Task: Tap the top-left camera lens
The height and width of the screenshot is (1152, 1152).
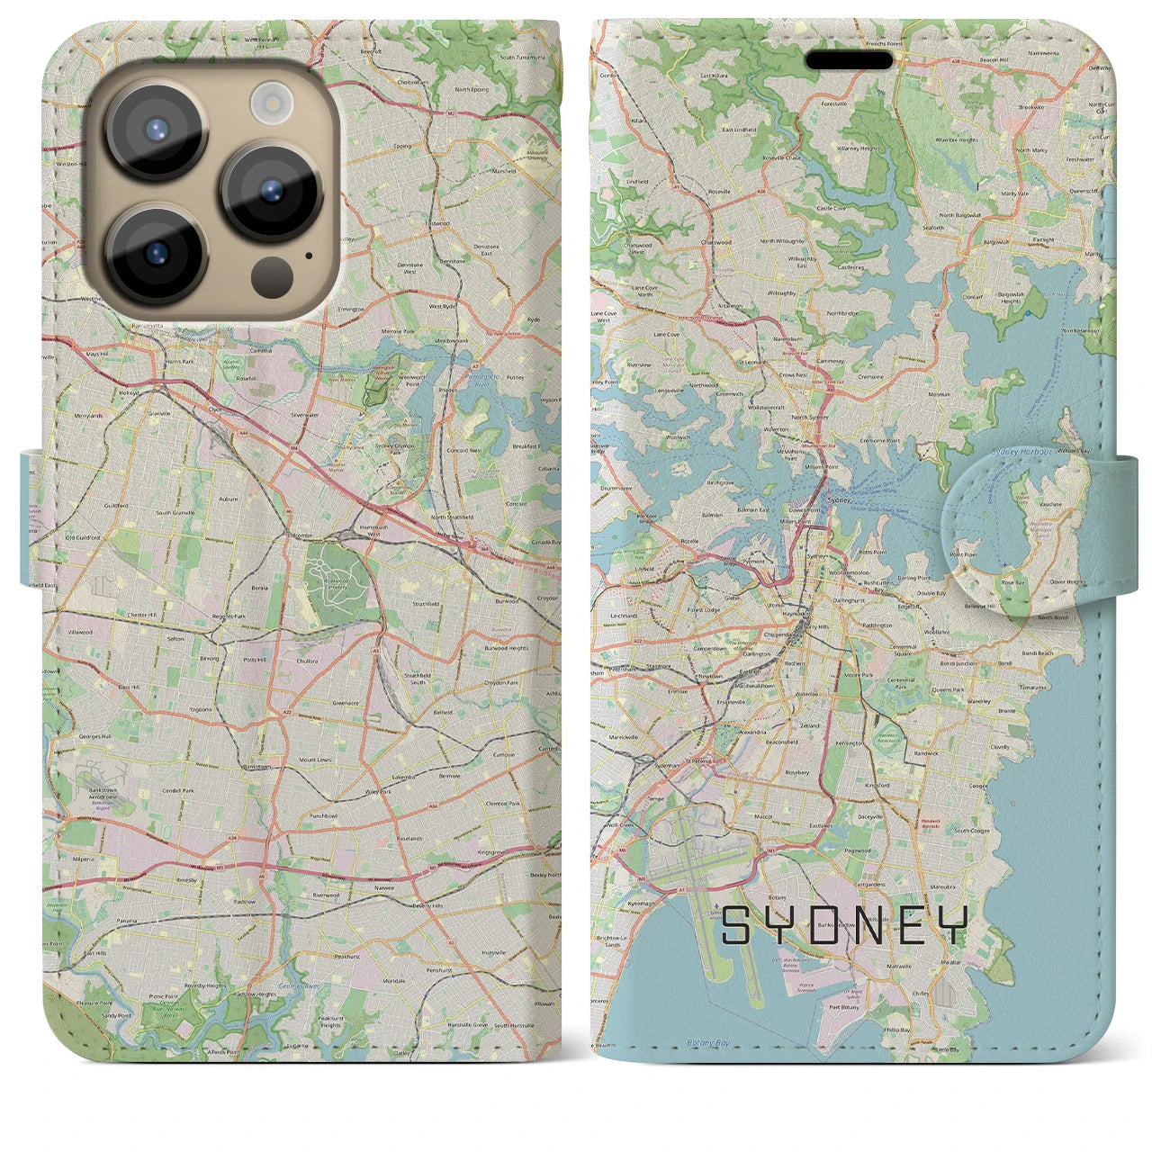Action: [157, 130]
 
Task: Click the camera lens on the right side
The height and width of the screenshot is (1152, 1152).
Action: [271, 189]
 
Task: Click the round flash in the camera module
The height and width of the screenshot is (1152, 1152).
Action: [267, 102]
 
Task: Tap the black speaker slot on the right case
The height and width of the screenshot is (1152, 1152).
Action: [849, 59]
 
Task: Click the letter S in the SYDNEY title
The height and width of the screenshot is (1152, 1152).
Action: [736, 925]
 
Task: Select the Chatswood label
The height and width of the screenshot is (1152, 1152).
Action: [715, 242]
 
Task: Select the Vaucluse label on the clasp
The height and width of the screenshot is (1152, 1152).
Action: [1050, 504]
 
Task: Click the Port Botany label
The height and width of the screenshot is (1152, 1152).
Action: [843, 1007]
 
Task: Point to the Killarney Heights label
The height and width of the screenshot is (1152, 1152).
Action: [857, 148]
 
